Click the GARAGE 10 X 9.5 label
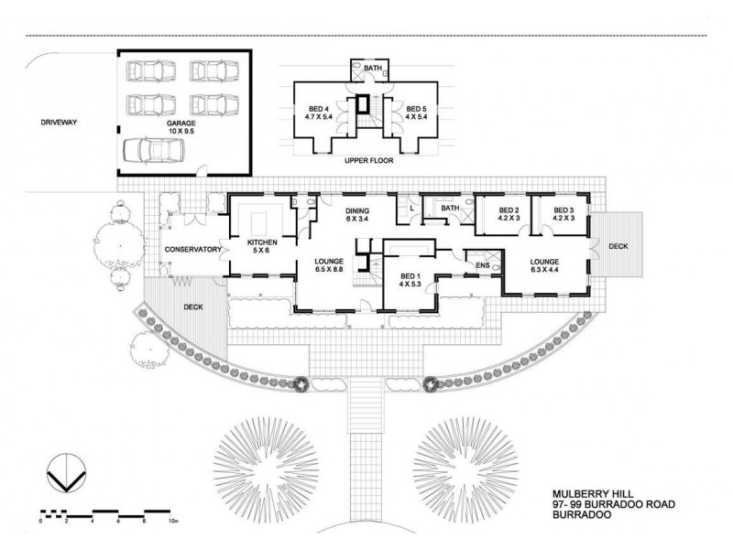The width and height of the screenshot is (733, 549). click(x=181, y=126)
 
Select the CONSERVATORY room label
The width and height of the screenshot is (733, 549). click(x=193, y=250)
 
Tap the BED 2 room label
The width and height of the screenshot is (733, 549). click(x=509, y=214)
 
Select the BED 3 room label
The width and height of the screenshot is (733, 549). click(x=563, y=214)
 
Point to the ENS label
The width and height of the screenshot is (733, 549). click(x=483, y=267)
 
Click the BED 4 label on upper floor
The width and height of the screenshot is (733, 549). click(x=322, y=113)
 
